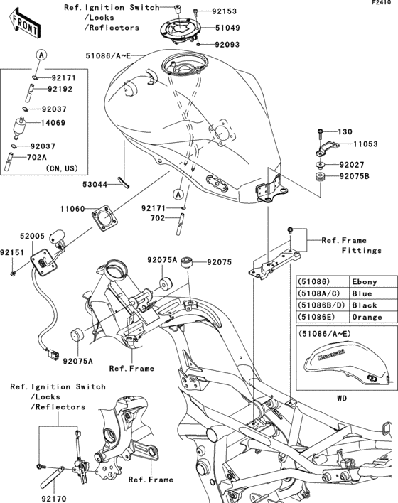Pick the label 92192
point(61,90)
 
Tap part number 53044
point(94,184)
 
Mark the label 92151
point(14,252)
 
